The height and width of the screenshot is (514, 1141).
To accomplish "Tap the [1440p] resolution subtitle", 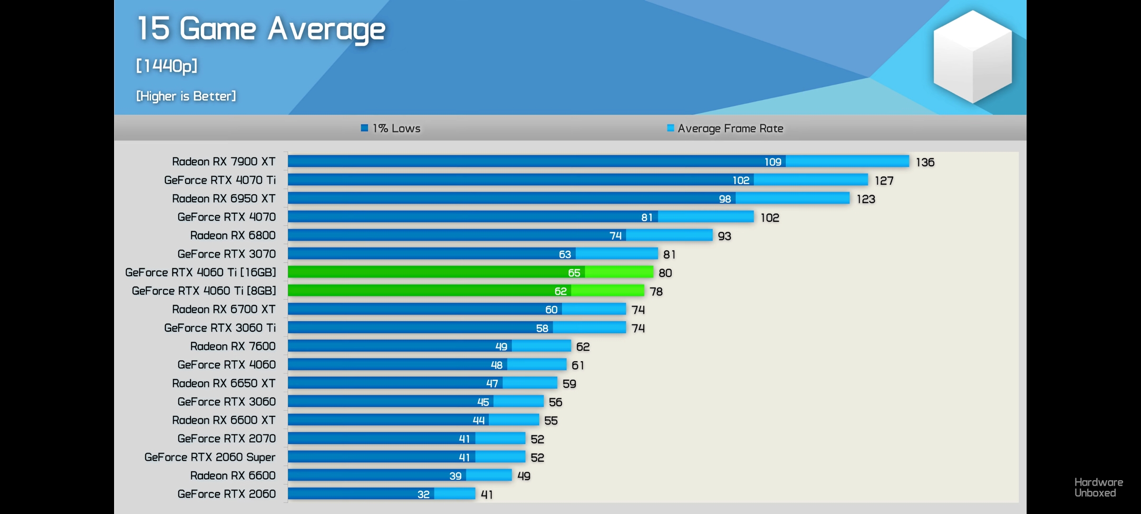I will point(166,66).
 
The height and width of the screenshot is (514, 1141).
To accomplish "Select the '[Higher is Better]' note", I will point(186,96).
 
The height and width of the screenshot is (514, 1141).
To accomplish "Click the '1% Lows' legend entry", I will point(391,128).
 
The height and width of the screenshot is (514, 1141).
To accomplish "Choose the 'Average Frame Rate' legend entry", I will point(725,128).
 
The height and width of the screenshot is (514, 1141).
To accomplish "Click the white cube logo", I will point(972,56).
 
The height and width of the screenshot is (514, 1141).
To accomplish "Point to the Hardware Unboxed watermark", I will point(1098,487).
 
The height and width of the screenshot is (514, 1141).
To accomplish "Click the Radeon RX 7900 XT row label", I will point(223,161).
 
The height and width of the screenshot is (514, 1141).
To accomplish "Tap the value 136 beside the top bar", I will point(925,162).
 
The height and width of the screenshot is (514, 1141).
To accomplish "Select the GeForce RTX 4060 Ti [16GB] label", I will point(200,272).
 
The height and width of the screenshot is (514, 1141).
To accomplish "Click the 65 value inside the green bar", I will point(574,273).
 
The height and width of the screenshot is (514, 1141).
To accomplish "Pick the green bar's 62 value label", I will point(560,291).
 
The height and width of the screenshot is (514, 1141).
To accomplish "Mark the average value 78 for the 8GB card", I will point(656,291).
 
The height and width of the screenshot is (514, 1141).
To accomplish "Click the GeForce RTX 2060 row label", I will point(226,494).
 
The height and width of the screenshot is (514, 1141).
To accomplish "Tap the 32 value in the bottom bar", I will point(423,494).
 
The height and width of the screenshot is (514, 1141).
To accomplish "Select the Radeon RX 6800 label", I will point(232,235).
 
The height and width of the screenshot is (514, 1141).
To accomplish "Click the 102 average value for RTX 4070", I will point(770,217).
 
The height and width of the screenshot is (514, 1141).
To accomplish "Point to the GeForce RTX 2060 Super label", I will point(210,457).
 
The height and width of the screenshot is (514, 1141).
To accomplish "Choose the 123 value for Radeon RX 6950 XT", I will point(866,199).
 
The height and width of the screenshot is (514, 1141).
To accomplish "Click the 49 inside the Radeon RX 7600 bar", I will point(501,346).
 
